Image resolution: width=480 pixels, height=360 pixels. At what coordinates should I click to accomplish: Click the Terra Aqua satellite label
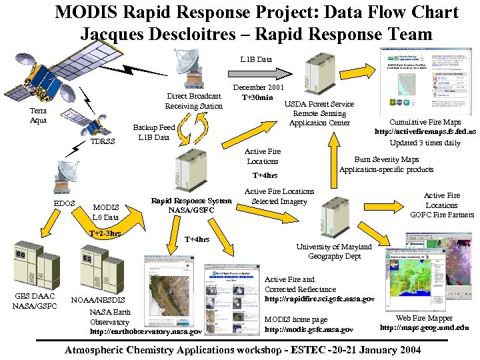pos(39,115)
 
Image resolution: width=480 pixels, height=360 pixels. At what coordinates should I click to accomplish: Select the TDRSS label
pos(103,141)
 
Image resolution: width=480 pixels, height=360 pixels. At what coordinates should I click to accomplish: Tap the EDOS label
pos(64,203)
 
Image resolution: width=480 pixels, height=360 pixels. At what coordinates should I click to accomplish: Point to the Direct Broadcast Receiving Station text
pos(194,101)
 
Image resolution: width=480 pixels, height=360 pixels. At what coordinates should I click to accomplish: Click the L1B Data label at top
pos(256,59)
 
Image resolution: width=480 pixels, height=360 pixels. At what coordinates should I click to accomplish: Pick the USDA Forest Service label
pos(319,104)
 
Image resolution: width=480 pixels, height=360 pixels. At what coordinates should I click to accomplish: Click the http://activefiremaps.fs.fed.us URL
pos(425,132)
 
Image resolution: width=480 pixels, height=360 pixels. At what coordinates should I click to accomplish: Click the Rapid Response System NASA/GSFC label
pos(191,205)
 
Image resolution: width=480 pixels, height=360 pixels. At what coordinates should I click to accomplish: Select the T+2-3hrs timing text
pos(105,233)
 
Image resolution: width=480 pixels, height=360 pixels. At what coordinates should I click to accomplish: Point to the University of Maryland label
pos(335,247)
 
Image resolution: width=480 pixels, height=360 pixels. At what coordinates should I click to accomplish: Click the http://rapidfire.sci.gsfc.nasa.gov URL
pos(319,299)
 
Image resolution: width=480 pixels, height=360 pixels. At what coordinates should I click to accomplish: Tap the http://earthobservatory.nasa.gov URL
pos(145,331)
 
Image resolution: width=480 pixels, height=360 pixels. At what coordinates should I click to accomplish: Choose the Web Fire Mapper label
pos(424,319)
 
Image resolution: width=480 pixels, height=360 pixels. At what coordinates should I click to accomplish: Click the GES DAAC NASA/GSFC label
pos(35,301)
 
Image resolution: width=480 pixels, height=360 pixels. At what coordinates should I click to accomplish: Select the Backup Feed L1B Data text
pos(153,132)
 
